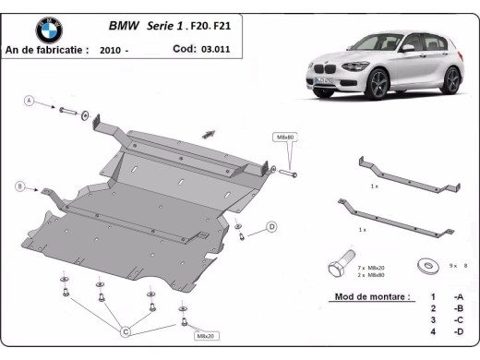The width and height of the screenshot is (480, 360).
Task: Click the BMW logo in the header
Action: point(48,30)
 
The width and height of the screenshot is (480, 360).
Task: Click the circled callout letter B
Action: point(19,186)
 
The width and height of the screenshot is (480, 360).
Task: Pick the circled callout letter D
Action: point(271,226)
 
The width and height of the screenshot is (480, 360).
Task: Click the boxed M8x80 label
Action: point(285,137)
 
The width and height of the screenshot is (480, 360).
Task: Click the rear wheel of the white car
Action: point(450,81)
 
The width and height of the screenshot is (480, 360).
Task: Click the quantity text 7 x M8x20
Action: point(371,267)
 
